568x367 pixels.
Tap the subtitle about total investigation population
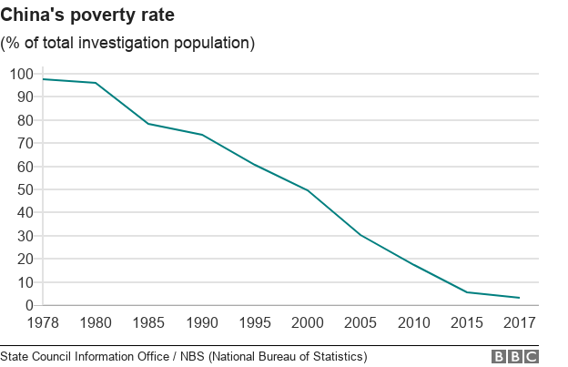[127, 43]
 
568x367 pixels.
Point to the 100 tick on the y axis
[21, 74]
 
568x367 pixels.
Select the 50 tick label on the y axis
[25, 189]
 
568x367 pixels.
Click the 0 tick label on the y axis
[29, 305]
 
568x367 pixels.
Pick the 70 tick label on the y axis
[25, 143]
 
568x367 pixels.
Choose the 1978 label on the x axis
[44, 322]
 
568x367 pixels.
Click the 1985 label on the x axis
[147, 322]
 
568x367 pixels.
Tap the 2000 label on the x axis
[309, 322]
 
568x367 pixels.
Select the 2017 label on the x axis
[519, 322]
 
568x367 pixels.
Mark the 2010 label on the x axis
[413, 322]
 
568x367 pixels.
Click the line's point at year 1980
[96, 83]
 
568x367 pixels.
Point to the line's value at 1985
[147, 124]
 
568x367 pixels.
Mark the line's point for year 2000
[309, 190]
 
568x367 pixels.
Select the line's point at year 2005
[360, 235]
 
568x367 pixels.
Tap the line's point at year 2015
[467, 292]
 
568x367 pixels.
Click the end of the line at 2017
[519, 298]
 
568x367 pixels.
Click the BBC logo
[515, 356]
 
